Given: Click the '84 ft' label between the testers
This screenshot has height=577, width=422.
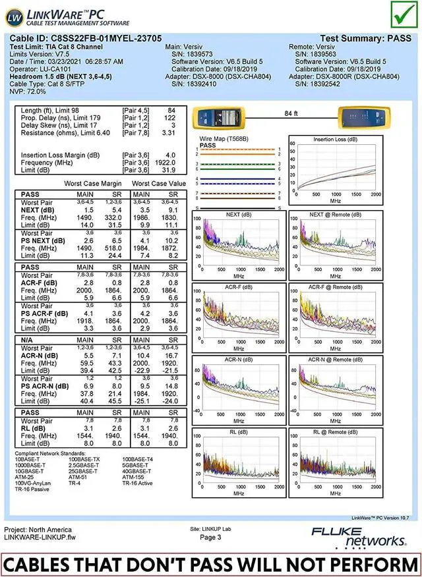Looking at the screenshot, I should (291, 114).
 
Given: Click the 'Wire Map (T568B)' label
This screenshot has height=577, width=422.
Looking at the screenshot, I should (224, 140).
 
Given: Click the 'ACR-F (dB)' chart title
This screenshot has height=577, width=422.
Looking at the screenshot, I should (239, 287).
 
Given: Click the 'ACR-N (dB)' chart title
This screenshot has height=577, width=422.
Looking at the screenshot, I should (239, 360).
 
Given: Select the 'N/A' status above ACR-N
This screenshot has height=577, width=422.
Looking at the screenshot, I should (28, 339).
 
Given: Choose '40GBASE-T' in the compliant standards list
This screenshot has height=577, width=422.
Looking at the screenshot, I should (137, 471).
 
